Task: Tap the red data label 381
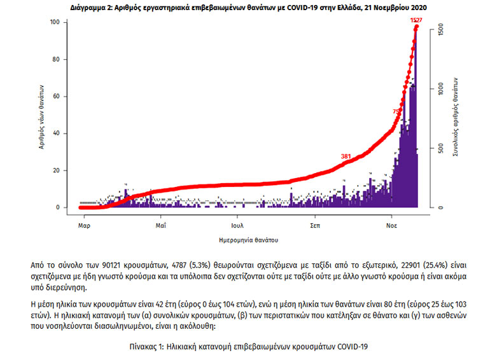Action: tap(346, 156)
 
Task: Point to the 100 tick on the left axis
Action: tap(54, 23)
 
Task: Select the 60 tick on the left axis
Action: tap(55, 97)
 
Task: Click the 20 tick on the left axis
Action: tap(55, 170)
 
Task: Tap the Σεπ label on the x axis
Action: tap(315, 226)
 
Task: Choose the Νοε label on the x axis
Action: tap(392, 226)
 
